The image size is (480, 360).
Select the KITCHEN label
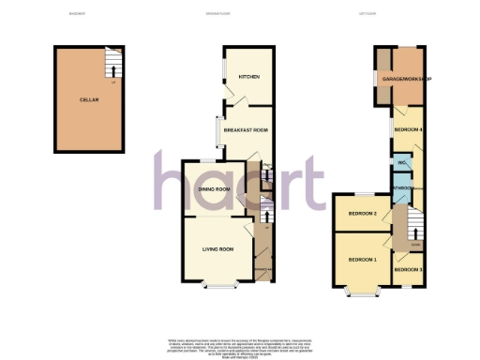coord(248,77)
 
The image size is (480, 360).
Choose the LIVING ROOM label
coord(217,249)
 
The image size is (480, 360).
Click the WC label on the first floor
coord(401,164)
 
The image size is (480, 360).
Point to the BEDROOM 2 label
coord(362,215)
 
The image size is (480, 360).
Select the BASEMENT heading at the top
coord(77,13)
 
